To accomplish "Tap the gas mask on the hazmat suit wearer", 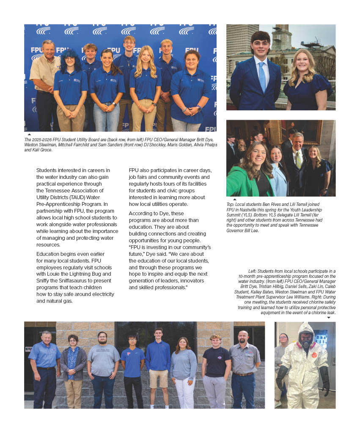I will pyautogui.click(x=306, y=340).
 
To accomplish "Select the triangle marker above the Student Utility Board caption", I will pyautogui.click(x=29, y=134).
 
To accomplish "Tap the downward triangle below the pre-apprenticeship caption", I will pyautogui.click(x=329, y=318).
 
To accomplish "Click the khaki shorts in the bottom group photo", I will pyautogui.click(x=158, y=378).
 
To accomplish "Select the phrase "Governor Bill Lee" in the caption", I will pyautogui.click(x=242, y=230).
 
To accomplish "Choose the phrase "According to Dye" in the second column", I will pyautogui.click(x=148, y=213).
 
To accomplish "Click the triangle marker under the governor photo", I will pyautogui.click(x=234, y=199).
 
